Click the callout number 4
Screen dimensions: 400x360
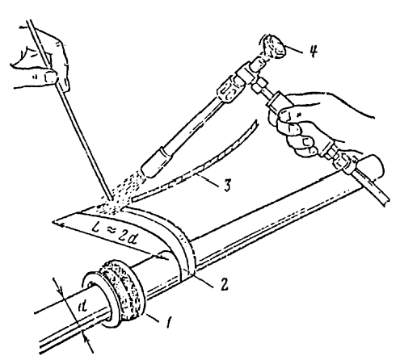[x=313, y=50]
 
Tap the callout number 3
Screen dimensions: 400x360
[x=228, y=185]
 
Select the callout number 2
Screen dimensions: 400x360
[x=223, y=283]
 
